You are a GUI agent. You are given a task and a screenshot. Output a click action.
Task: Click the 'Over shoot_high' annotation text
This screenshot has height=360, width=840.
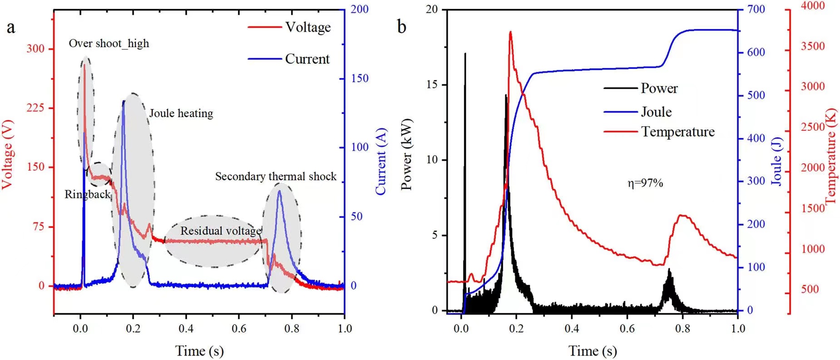(x=109, y=44)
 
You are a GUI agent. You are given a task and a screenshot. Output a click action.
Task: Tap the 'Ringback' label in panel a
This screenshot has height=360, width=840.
(x=88, y=195)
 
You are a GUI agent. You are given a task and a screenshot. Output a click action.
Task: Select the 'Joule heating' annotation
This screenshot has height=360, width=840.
(x=181, y=113)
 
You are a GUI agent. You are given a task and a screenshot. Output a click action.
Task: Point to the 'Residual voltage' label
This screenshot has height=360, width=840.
(x=221, y=231)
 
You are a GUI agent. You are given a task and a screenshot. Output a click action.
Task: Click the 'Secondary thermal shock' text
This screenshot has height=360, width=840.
(x=276, y=177)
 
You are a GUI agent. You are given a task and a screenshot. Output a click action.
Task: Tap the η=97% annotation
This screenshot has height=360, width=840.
(x=645, y=183)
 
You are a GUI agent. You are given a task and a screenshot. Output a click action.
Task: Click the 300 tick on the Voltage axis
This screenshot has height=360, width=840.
(x=35, y=49)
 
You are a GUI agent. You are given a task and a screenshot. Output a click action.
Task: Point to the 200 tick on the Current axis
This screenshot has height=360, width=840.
(x=360, y=9)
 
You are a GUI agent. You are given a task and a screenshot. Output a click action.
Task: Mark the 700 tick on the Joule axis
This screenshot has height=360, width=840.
(x=756, y=9)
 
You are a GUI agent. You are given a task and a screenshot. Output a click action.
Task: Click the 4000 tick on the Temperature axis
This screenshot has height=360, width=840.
(x=812, y=6)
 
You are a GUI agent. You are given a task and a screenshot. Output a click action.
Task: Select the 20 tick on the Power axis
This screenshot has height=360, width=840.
(x=432, y=9)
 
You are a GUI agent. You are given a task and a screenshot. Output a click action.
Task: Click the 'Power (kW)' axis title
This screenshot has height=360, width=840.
(x=407, y=154)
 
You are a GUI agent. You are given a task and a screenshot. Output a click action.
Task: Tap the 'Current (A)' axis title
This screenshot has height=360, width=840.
(x=380, y=161)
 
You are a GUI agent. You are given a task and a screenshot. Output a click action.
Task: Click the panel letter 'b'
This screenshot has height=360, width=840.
(x=401, y=27)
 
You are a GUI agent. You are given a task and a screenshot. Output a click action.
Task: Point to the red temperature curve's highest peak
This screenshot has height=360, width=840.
(x=511, y=32)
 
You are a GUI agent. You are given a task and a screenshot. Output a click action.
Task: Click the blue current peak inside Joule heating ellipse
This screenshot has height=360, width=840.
(x=124, y=101)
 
